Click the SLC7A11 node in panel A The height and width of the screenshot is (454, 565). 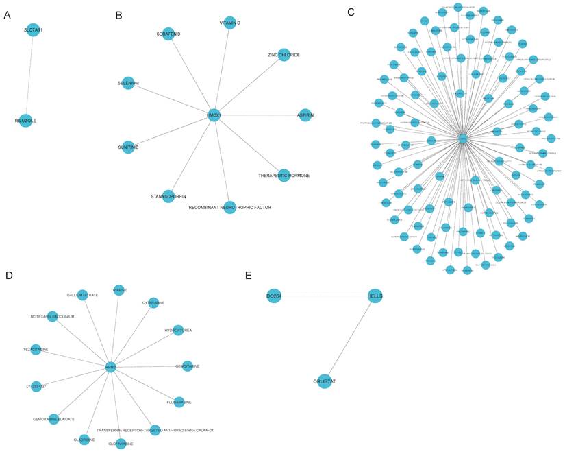pyautogui.click(x=33, y=30)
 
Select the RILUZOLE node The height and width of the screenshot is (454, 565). pyautogui.click(x=25, y=121)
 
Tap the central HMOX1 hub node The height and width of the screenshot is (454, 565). pyautogui.click(x=214, y=115)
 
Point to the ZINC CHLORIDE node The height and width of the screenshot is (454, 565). pyautogui.click(x=284, y=54)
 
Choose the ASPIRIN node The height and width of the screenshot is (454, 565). pyautogui.click(x=304, y=115)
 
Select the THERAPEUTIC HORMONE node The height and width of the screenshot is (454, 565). pyautogui.click(x=284, y=175)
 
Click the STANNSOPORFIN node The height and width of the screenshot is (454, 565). pyautogui.click(x=168, y=196)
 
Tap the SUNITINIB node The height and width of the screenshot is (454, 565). pyautogui.click(x=128, y=146)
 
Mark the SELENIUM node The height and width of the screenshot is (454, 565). pyautogui.click(x=128, y=83)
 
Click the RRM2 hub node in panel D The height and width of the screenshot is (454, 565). pyautogui.click(x=110, y=368)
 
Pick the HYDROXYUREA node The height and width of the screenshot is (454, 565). pyautogui.click(x=178, y=331)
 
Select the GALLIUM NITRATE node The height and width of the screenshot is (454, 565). pyautogui.click(x=82, y=295)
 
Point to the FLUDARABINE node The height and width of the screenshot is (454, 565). pyautogui.click(x=179, y=402)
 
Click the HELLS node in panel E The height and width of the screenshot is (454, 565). pyautogui.click(x=375, y=296)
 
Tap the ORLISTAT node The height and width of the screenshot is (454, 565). pyautogui.click(x=325, y=381)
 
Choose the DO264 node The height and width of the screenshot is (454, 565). pyautogui.click(x=274, y=296)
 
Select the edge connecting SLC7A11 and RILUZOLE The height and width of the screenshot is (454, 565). pyautogui.click(x=29, y=75)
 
